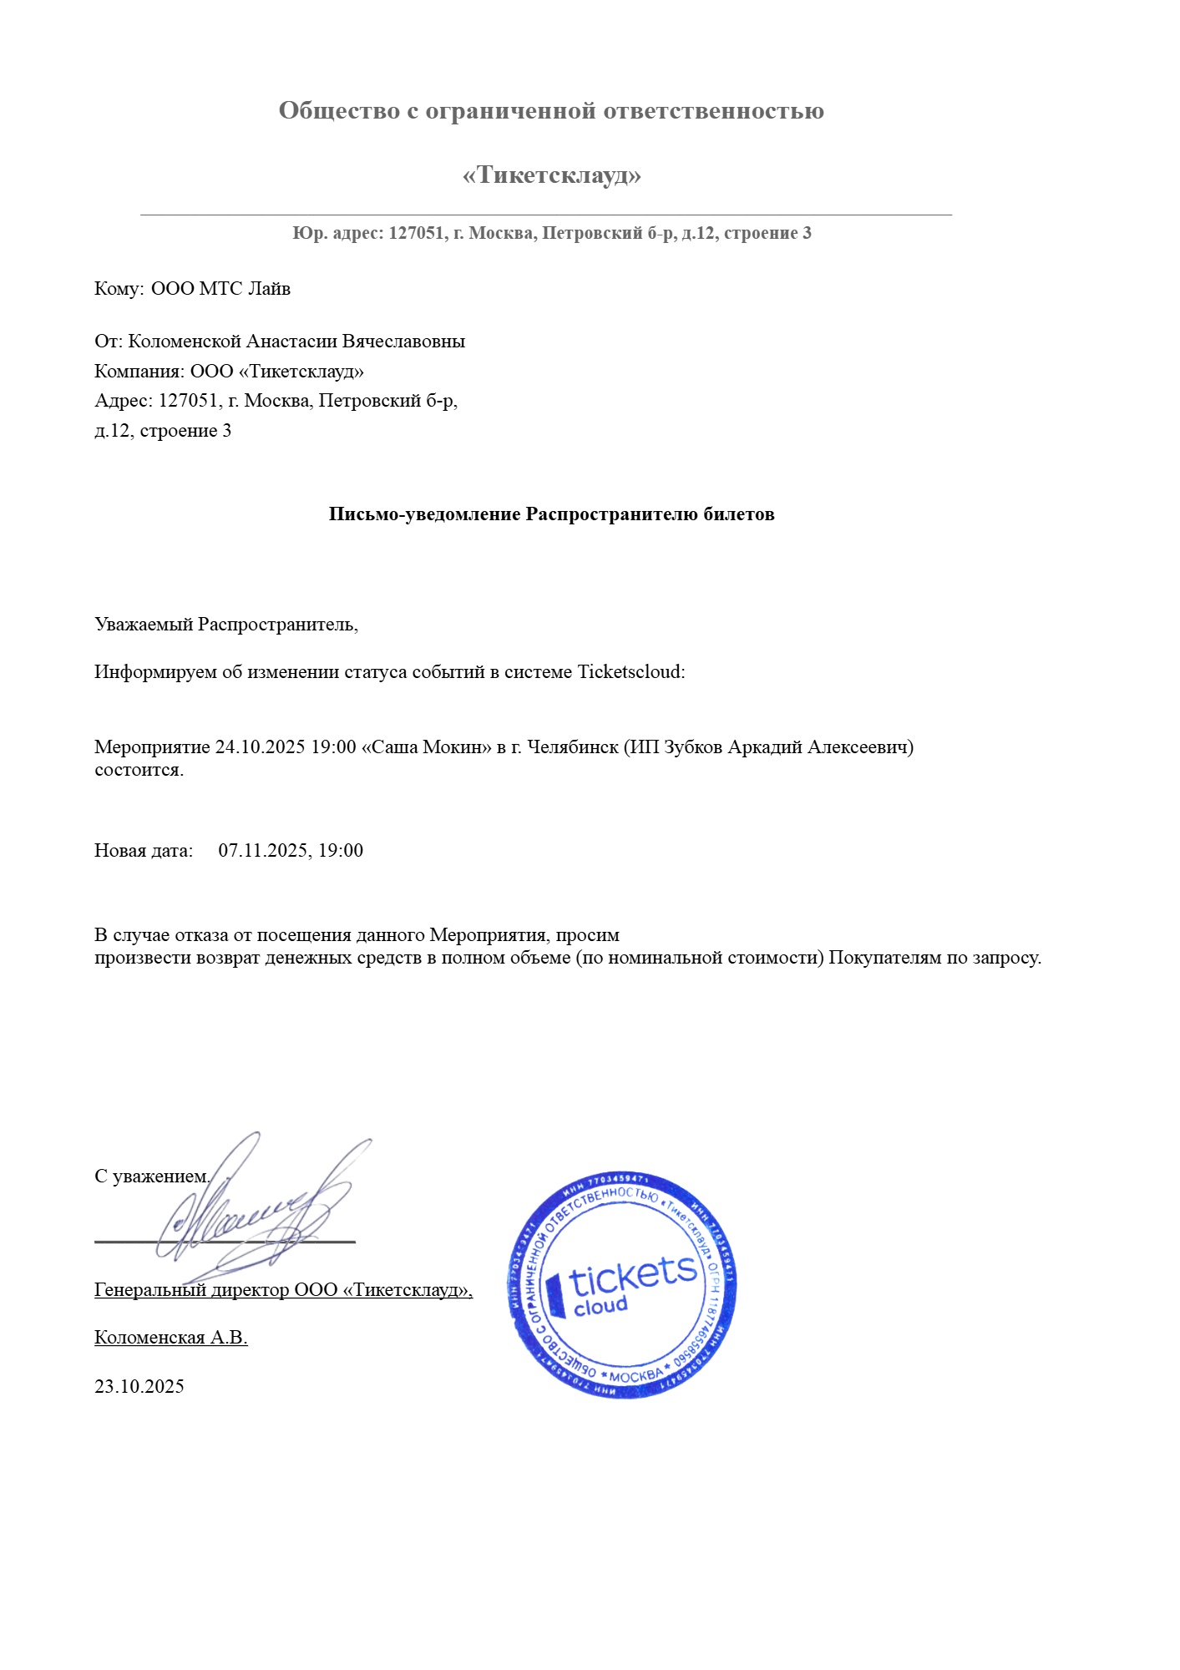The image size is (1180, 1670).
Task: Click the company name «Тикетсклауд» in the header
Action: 551,175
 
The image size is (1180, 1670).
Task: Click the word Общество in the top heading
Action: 338,110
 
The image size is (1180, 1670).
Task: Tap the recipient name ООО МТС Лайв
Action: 220,289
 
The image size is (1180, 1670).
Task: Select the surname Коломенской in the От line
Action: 185,342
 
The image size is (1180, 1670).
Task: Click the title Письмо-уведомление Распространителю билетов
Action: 551,514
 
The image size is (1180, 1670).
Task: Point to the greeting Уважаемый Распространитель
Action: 226,625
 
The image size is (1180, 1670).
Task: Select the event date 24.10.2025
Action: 260,746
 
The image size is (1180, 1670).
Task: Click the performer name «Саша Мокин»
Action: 426,746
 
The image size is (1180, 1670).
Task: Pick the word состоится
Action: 139,770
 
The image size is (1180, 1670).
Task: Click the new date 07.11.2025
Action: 264,851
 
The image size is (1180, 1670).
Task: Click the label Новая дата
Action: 143,851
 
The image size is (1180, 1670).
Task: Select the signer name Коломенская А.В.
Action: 170,1338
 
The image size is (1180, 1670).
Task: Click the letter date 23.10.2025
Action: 139,1387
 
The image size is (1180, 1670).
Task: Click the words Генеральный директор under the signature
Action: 192,1290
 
